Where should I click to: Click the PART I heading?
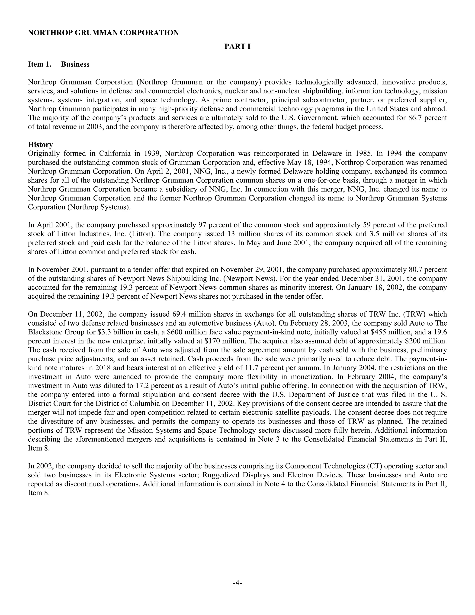click(x=237, y=47)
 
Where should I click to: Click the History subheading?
click(x=40, y=145)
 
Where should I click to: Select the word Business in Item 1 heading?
click(x=75, y=65)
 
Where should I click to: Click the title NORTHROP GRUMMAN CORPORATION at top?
click(x=103, y=33)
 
